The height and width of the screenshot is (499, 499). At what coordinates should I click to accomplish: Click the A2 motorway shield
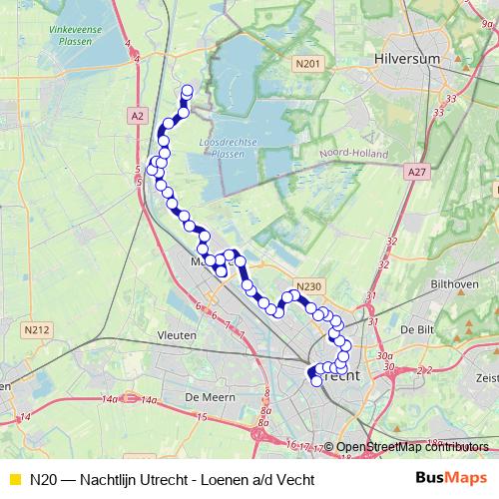coord(137,116)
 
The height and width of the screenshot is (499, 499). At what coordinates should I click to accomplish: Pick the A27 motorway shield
coord(417,172)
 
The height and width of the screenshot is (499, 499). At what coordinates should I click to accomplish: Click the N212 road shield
coord(36,326)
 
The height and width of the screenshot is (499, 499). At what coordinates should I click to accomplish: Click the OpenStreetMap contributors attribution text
coord(413,447)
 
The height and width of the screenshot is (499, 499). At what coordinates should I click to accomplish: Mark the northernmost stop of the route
coord(187,91)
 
